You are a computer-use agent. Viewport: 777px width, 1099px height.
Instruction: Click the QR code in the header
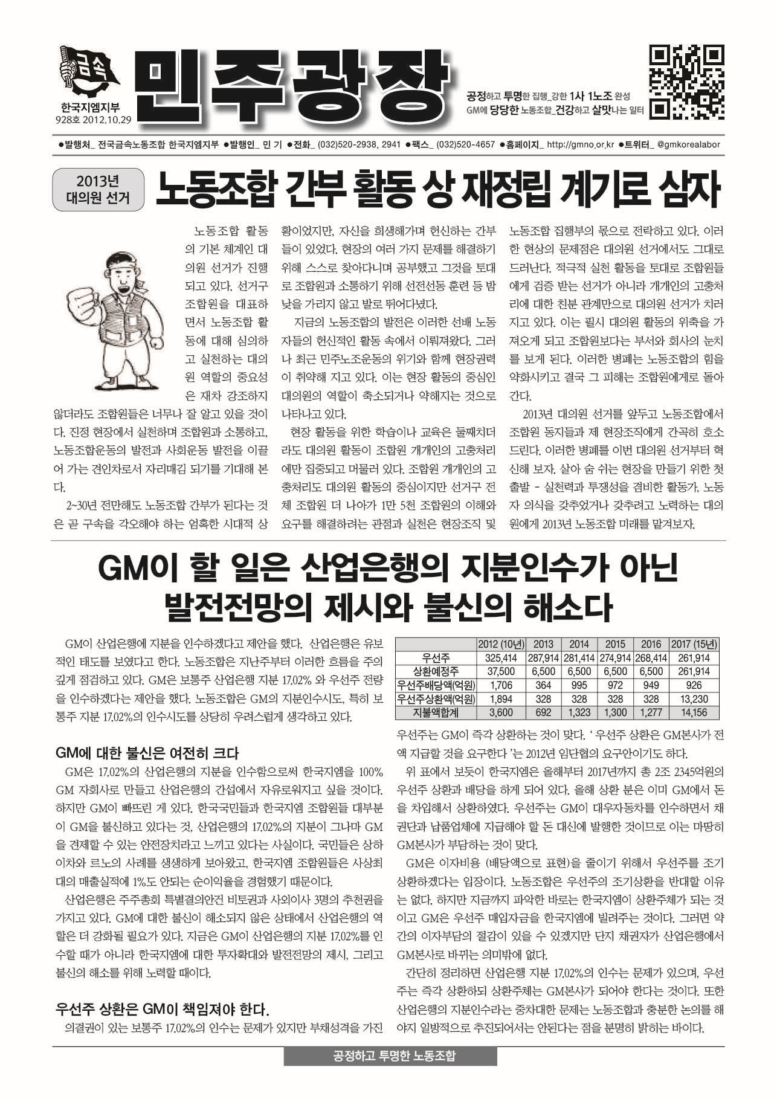687,81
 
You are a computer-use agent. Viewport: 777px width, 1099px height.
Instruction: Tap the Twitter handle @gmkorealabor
688,145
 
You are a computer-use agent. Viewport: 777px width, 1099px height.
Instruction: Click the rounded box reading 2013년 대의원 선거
98,190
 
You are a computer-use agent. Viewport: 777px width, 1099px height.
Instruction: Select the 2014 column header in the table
579,643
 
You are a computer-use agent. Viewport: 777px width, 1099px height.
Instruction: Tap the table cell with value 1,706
503,685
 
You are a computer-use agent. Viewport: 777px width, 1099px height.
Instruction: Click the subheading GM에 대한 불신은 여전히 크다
147,753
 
